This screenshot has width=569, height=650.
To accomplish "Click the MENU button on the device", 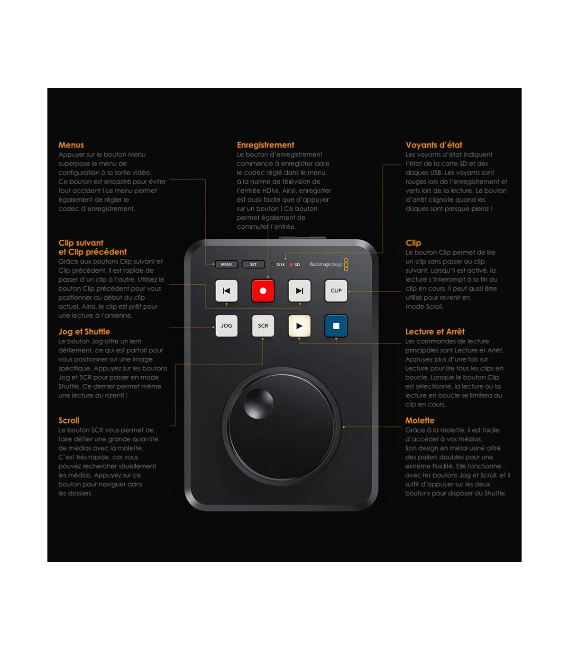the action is pos(226,264).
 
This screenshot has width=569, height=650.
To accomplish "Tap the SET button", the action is pos(253,264).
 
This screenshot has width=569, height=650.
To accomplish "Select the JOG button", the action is pos(226,325).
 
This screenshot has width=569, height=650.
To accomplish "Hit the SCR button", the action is pos(263,325).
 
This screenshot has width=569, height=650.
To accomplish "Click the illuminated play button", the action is pos(300,325).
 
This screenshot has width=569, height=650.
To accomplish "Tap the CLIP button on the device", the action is pos(336,291).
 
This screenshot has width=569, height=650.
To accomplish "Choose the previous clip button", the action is pos(226,291).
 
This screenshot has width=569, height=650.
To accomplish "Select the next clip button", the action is pos(300,291).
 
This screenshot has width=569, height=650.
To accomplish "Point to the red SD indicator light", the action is pos(291,265).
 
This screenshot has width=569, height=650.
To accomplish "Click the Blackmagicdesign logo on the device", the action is pos(329,264).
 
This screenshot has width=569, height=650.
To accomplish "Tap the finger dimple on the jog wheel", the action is pos(258,404).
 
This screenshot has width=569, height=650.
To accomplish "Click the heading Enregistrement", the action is pos(266,145).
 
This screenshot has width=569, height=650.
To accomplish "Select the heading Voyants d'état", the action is pos(434,145).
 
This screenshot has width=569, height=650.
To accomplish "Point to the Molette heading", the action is pos(420,420).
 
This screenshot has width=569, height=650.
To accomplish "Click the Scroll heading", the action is pos(69,420).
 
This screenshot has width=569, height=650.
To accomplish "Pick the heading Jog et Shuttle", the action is pos(84,332).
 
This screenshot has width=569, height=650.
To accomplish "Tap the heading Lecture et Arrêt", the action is pos(435,332).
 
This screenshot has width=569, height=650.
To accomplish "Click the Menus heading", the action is pos(71,145).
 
